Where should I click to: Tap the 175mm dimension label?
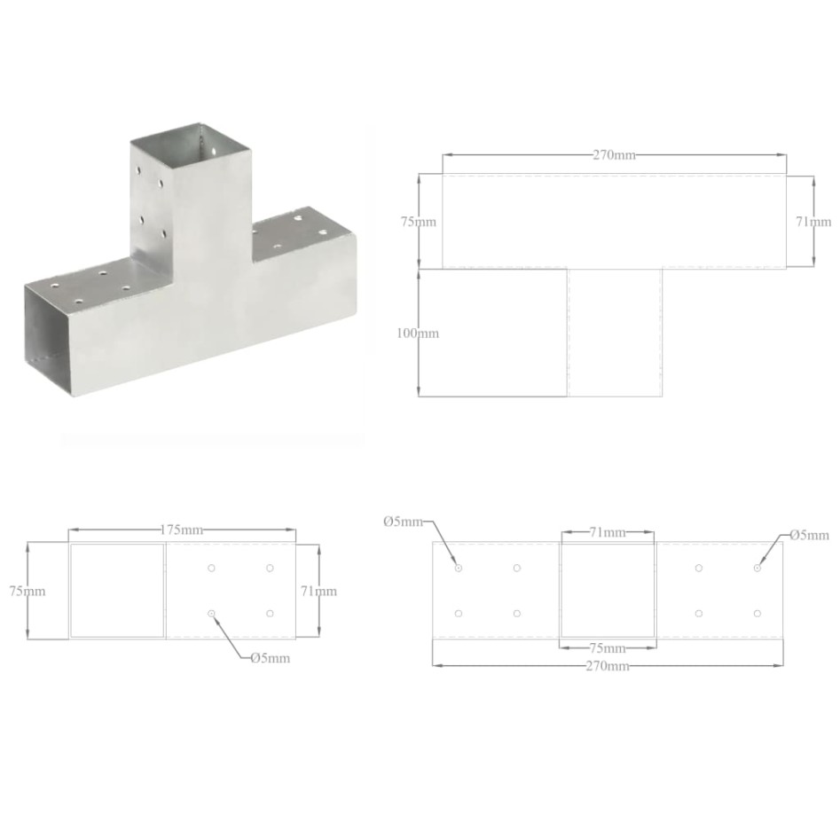(x=181, y=530)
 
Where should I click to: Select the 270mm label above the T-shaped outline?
(x=614, y=154)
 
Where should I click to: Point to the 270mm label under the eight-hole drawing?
(x=608, y=665)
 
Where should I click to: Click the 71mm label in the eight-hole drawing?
(x=607, y=532)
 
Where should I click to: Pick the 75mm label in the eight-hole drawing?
(x=608, y=648)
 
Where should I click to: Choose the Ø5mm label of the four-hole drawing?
(x=270, y=657)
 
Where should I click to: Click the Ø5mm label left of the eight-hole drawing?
(x=404, y=522)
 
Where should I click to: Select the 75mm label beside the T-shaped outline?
(x=418, y=222)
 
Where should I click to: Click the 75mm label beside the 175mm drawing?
(x=27, y=591)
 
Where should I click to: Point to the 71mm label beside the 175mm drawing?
(x=318, y=591)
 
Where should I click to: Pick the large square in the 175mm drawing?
(x=117, y=591)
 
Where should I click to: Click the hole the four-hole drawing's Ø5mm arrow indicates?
(x=211, y=614)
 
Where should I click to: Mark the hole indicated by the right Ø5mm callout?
(x=758, y=568)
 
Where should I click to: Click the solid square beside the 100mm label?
(x=492, y=333)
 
